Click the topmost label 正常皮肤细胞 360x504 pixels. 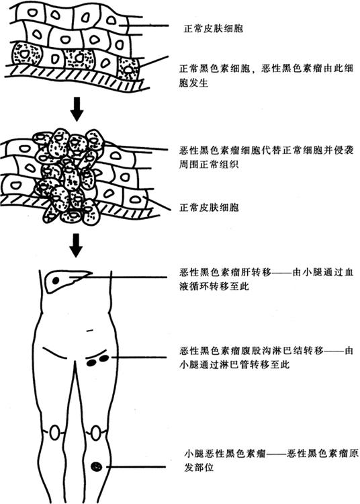[213, 29]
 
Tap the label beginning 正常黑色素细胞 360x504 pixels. [266, 75]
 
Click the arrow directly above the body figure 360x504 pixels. [76, 245]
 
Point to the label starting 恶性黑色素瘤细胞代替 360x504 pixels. [266, 157]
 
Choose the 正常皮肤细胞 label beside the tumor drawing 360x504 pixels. [209, 208]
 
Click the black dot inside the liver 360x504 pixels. [56, 280]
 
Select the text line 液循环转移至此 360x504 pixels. [214, 286]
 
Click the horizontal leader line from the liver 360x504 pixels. [118, 277]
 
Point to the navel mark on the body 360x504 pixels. [90, 330]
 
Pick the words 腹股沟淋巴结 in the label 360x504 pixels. [271, 350]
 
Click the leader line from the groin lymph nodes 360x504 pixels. [138, 357]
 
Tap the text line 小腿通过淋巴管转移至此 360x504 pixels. [234, 364]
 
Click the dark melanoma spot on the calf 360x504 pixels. [96, 466]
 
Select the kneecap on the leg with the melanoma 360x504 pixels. [96, 433]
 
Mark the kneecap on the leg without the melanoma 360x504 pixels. [54, 432]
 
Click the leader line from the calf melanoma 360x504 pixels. [136, 466]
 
